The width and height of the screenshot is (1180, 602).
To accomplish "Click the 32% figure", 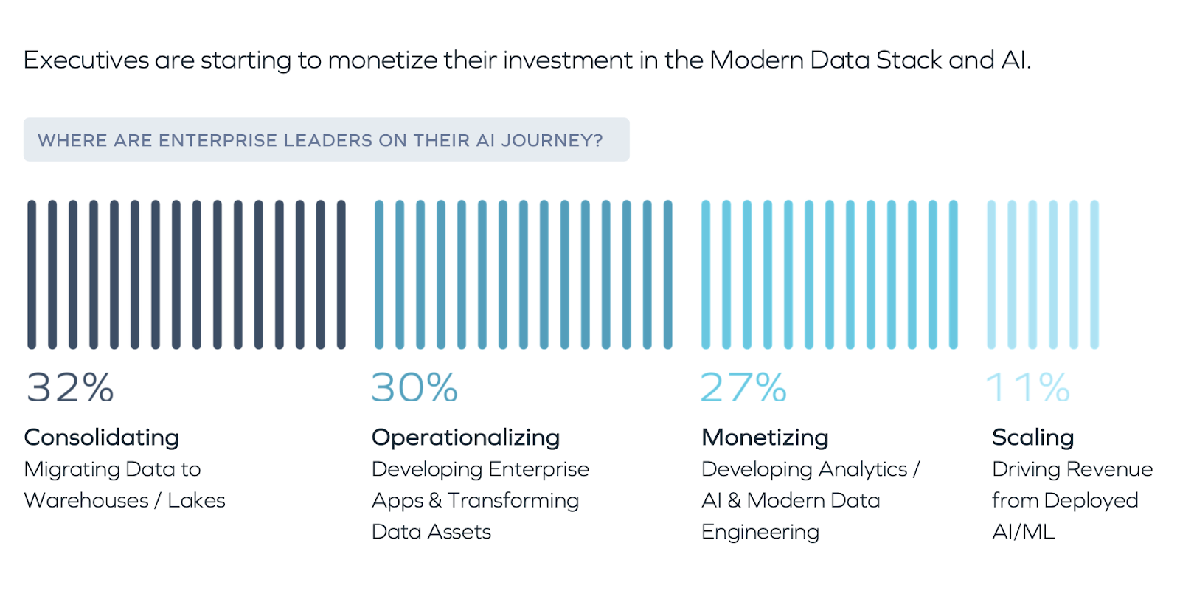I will coord(70,387).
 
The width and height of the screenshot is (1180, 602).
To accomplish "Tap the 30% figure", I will coord(414,387).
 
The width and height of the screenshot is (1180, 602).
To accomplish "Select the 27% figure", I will coord(743,387).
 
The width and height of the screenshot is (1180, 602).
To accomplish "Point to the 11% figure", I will coord(1028,387).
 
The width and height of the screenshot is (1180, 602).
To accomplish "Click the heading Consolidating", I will coord(102,437).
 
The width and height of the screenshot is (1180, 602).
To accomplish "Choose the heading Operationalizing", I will coord(465,437).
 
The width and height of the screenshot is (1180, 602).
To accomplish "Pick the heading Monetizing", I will coord(765,437).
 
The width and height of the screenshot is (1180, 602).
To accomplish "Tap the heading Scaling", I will coord(1032,437).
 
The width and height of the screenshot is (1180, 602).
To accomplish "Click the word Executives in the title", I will coord(86,60).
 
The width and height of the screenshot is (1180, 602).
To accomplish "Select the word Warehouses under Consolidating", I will coord(86,500).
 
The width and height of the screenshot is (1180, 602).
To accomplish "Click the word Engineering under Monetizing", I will coord(760,532).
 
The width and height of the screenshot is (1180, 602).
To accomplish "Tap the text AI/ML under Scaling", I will coord(1023,531).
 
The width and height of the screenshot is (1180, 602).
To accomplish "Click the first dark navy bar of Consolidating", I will coord(32,274).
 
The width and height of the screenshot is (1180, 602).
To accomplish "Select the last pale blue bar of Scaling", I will coord(1094,274).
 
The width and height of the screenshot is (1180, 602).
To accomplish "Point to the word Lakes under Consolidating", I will coord(196,500).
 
